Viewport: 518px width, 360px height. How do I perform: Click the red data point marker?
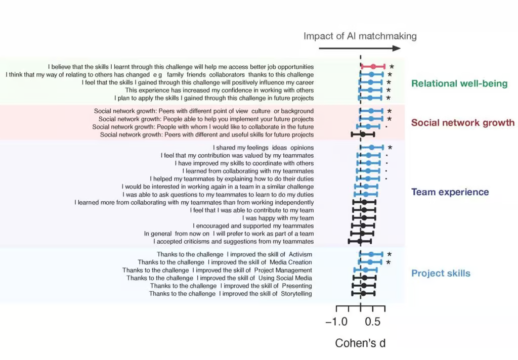[373, 67]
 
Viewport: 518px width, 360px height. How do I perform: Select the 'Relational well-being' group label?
[459, 83]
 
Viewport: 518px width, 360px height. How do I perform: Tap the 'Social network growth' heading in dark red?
[463, 123]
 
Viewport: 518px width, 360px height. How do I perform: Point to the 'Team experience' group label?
[450, 192]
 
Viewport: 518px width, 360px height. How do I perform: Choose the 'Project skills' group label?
[441, 273]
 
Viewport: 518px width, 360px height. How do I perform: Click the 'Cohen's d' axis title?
[360, 343]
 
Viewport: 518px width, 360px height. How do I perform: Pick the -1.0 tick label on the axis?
[336, 322]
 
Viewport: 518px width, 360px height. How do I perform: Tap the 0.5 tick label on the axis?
[373, 322]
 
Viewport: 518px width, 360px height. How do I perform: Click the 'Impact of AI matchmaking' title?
[360, 36]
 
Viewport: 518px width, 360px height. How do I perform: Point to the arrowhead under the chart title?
[397, 48]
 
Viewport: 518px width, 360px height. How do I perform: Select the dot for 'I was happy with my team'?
[364, 218]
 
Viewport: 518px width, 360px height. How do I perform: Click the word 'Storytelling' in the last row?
[296, 294]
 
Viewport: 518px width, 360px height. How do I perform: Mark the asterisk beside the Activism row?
[390, 254]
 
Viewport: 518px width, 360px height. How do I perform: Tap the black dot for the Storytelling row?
[363, 293]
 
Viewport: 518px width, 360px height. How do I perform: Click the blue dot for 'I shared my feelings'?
[372, 148]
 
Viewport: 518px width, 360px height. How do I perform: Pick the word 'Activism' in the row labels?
[300, 254]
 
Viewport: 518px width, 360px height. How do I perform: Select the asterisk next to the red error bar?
[392, 67]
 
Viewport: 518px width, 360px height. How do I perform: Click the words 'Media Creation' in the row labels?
[291, 262]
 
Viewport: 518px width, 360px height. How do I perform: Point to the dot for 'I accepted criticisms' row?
[360, 241]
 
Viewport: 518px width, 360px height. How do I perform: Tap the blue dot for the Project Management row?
[365, 270]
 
